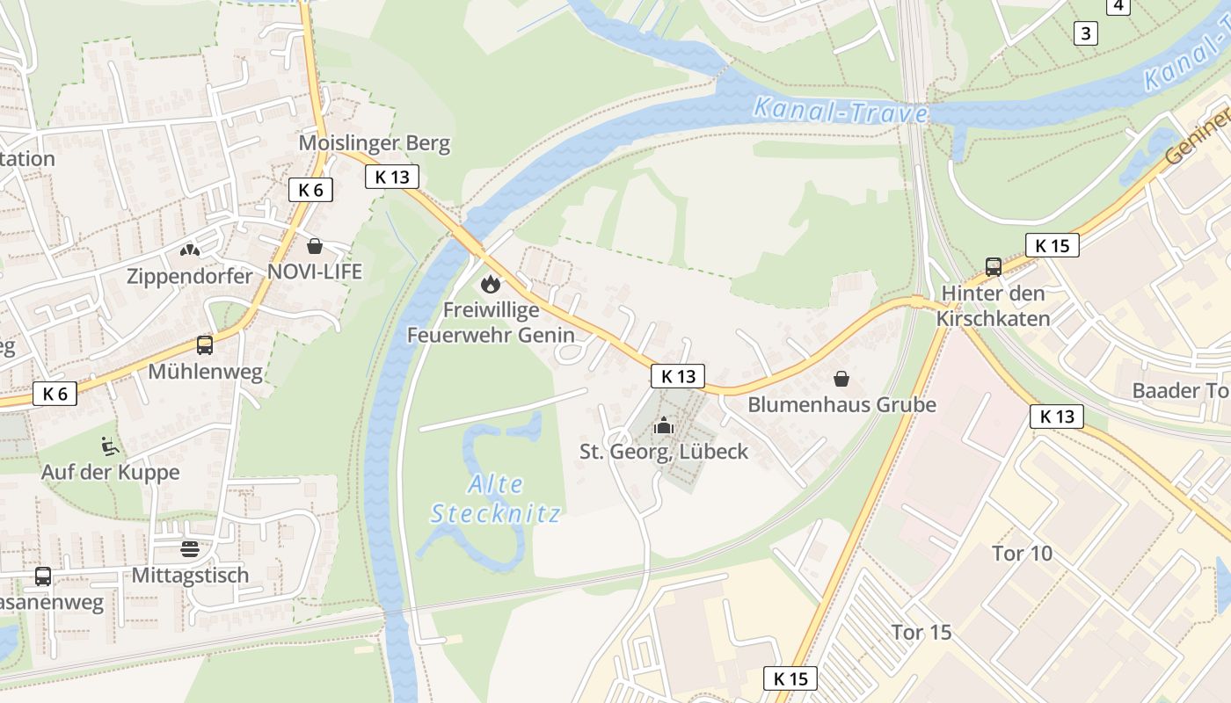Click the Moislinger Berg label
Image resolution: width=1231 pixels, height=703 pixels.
point(375,143)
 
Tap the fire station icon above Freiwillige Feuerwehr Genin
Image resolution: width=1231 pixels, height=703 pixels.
point(490,284)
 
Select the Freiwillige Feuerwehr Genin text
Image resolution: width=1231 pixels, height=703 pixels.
point(491,323)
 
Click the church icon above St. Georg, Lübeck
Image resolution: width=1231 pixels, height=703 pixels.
point(664,426)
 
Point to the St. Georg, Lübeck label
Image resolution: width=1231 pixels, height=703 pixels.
point(664,452)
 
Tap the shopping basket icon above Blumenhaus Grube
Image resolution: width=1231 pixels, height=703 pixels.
point(841,379)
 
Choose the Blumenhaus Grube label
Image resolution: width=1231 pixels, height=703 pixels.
point(841,405)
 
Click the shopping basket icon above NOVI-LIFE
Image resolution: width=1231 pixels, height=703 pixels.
point(315,246)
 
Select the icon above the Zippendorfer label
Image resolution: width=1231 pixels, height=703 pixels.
point(189,250)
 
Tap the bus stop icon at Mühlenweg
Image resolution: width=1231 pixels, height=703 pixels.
point(205,345)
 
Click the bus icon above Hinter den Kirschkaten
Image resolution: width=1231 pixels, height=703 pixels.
point(994,266)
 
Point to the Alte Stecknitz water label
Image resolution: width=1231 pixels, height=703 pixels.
point(495,498)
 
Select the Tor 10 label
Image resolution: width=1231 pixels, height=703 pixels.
point(1022,554)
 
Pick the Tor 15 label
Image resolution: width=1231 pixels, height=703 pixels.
point(921,633)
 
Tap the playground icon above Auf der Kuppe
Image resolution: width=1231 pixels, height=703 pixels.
point(110,446)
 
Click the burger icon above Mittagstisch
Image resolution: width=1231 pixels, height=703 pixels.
point(190,549)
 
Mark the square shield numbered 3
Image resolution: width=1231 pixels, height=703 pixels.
point(1087,33)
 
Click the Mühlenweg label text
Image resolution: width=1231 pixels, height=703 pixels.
point(205,372)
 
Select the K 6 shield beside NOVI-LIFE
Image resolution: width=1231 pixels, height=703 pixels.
point(310,189)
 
